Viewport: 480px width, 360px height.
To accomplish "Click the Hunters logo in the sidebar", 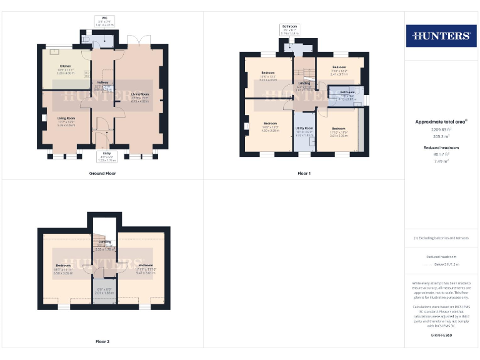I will [x=441, y=36].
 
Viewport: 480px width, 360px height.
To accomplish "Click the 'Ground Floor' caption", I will [x=102, y=173].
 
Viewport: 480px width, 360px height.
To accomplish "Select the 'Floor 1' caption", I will [x=304, y=173].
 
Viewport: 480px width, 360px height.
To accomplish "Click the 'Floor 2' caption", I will [x=102, y=342].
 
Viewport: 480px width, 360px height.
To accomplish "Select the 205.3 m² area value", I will [x=441, y=136].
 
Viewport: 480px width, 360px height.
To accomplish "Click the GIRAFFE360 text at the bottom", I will [x=441, y=336].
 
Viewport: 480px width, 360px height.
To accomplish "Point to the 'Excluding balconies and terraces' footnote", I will [x=441, y=238].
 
